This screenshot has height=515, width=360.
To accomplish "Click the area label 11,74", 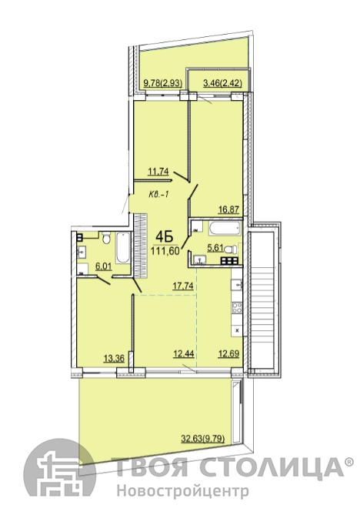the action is (158, 171).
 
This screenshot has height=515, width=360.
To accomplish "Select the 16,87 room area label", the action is (228, 209).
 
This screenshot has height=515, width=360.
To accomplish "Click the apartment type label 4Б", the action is (165, 236).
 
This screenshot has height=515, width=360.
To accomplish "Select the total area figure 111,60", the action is (165, 251).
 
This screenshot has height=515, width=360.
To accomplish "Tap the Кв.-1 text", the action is (158, 195).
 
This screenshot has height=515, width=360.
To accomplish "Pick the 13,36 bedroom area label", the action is (114, 358).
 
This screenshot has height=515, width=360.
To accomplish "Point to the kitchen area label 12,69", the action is (228, 354).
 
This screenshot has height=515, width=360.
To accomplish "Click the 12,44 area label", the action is (184, 354).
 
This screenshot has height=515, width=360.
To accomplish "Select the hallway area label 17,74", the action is (183, 286).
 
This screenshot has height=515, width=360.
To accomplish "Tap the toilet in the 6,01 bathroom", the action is (106, 238).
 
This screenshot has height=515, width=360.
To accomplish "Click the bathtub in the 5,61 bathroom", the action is (225, 229).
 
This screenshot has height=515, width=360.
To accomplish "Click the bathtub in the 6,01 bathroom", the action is (123, 248).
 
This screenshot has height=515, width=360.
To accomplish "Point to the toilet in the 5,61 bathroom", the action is (231, 249).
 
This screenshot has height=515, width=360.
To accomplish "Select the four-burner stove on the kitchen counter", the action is (237, 307).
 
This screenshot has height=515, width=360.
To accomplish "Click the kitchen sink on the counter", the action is (237, 284).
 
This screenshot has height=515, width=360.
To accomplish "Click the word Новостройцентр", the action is (183, 492).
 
